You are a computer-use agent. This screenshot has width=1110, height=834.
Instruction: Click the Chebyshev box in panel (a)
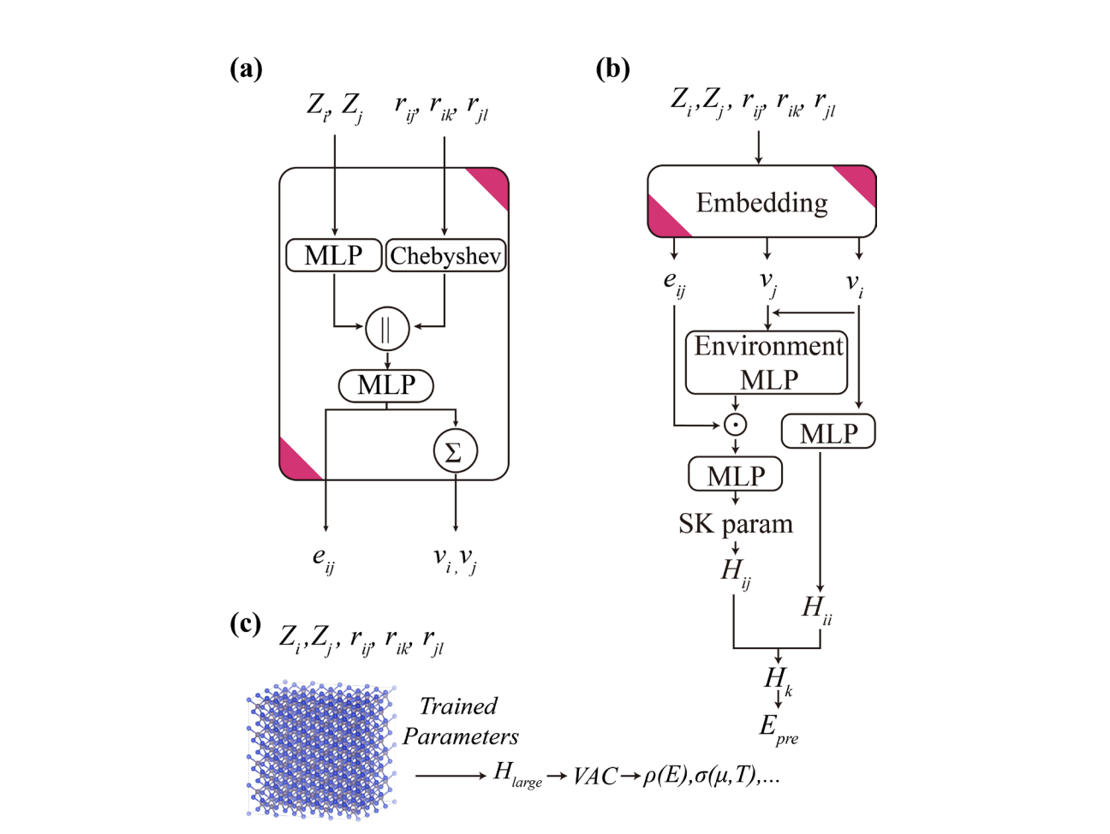(445, 255)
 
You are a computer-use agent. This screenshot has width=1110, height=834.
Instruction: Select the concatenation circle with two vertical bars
(386, 328)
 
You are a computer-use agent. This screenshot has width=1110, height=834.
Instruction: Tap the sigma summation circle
(455, 451)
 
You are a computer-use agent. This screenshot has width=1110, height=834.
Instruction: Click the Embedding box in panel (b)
(761, 202)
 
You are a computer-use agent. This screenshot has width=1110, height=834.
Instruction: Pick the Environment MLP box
(767, 362)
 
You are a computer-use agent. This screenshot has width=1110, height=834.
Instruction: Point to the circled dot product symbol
(735, 424)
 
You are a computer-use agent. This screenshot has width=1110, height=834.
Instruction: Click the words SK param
(735, 523)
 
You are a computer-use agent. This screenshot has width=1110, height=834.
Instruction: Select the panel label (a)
(246, 69)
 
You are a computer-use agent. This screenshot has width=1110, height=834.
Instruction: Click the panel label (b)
(612, 69)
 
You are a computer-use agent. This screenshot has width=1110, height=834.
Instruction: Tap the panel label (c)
(245, 623)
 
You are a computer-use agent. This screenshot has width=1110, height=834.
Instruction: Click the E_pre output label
(778, 729)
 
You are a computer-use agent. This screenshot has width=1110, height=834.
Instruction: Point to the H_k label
(778, 680)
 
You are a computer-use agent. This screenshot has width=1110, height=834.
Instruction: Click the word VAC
(595, 776)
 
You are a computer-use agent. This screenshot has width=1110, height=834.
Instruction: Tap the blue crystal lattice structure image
(321, 749)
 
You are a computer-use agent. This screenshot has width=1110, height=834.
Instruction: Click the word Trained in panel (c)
(458, 706)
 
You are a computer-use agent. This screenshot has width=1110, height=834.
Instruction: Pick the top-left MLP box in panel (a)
(333, 255)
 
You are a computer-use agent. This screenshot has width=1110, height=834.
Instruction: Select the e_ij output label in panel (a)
(323, 559)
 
